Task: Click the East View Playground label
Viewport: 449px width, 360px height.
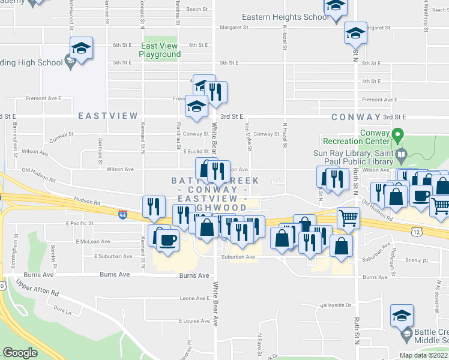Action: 160,50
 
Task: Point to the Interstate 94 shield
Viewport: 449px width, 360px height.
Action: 122,214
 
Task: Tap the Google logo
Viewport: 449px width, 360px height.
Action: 20,352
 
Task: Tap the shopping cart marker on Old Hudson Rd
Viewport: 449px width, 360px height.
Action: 347,217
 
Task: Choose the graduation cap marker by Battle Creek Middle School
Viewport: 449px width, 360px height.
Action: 402,315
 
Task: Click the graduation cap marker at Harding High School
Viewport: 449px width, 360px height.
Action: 81,48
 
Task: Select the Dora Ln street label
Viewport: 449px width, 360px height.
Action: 62,311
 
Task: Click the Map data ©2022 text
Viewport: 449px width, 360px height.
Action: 423,355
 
